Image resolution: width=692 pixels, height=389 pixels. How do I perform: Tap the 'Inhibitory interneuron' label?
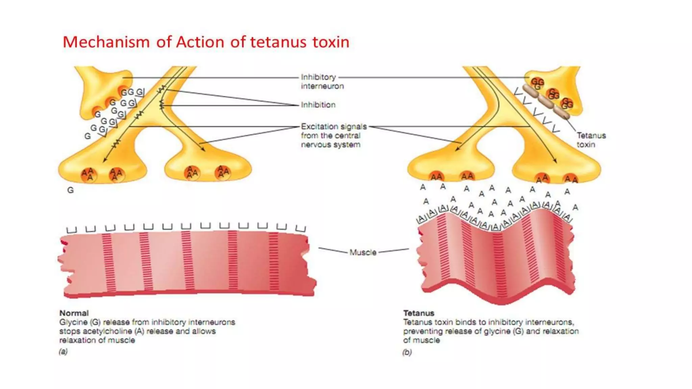[322, 81]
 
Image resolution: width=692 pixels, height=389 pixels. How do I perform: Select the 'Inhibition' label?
[318, 105]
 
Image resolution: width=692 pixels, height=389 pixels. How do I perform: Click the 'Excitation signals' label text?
[333, 127]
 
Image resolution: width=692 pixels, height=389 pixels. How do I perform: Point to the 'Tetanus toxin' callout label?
[591, 140]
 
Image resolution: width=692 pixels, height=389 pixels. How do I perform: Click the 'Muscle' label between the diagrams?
[363, 252]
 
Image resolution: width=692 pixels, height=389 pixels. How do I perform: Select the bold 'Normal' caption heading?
[74, 313]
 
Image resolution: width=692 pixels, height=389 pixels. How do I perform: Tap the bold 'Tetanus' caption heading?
[419, 313]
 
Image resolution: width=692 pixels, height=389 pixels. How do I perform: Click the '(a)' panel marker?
[63, 352]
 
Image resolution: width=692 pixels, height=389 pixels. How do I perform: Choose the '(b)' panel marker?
[407, 352]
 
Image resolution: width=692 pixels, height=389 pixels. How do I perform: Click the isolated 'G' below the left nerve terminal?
[70, 190]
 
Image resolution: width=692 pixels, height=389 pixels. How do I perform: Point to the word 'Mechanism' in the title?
[106, 42]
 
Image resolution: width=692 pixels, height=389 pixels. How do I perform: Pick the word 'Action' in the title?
[200, 42]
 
